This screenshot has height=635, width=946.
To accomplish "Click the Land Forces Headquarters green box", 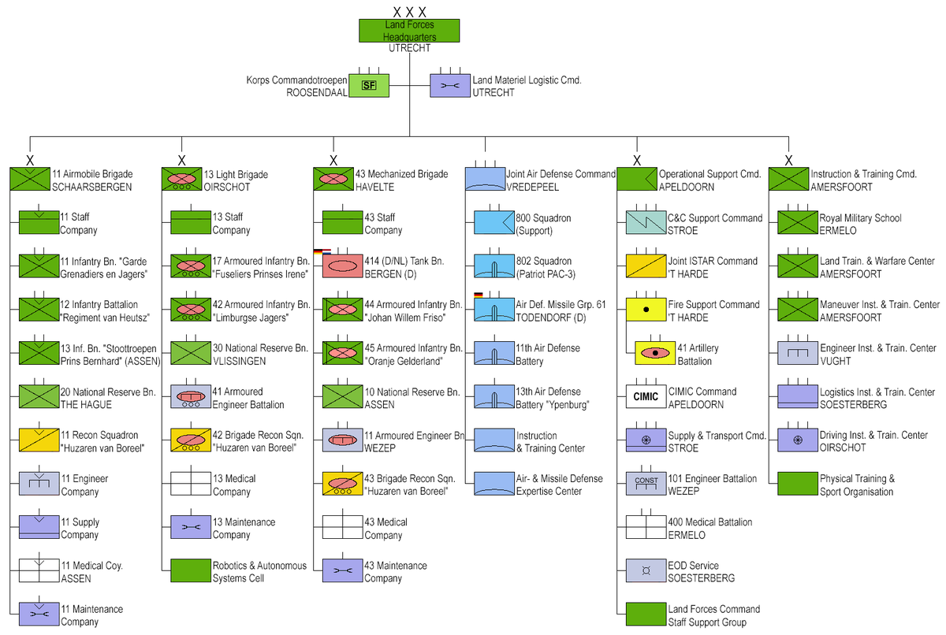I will pyautogui.click(x=408, y=31).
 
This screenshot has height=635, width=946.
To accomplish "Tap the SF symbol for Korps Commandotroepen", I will pyautogui.click(x=368, y=86).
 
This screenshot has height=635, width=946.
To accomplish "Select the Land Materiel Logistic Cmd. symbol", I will pyautogui.click(x=449, y=86).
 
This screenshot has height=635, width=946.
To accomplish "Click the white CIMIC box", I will pyautogui.click(x=646, y=396).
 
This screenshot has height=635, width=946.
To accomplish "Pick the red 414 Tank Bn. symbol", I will pyautogui.click(x=341, y=266).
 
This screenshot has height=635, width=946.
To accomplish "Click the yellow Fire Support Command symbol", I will pyautogui.click(x=646, y=310).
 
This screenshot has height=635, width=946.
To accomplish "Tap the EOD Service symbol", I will pyautogui.click(x=646, y=570).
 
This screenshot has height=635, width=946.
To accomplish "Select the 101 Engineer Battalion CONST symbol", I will pyautogui.click(x=646, y=483).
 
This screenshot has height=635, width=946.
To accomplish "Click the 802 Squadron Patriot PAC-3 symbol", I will pyautogui.click(x=493, y=266).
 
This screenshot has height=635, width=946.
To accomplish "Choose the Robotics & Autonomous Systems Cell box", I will pyautogui.click(x=190, y=570).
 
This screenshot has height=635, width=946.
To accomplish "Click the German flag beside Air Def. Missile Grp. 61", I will pyautogui.click(x=478, y=294).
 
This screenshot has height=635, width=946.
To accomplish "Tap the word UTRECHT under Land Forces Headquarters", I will pyautogui.click(x=409, y=48).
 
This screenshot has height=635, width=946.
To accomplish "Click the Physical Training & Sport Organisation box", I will pyautogui.click(x=797, y=483).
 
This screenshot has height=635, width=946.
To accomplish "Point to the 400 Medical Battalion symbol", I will pyautogui.click(x=646, y=527).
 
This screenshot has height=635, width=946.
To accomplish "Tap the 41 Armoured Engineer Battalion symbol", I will pyautogui.click(x=190, y=396).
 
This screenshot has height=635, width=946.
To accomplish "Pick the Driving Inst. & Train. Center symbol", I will pyautogui.click(x=797, y=440).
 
